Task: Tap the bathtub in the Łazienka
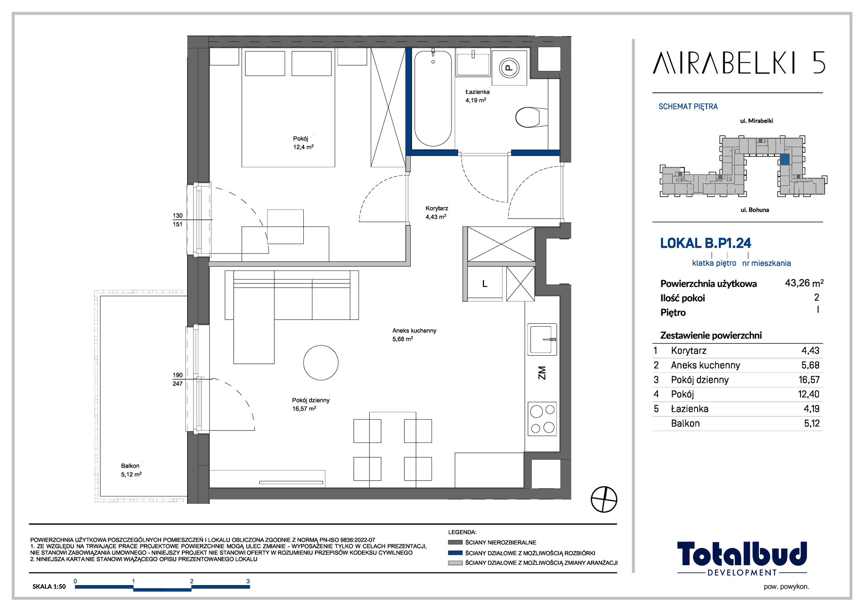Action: (433, 99)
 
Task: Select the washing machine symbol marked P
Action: (509, 68)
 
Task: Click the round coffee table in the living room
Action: (321, 363)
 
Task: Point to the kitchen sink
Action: (542, 339)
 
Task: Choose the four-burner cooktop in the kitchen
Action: (542, 419)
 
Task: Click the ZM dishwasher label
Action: (542, 373)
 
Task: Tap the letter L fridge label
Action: (485, 284)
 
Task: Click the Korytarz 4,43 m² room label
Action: (436, 213)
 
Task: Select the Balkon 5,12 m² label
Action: (131, 470)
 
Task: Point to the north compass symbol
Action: (604, 499)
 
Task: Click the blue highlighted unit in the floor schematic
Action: (785, 159)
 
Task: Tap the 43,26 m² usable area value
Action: (804, 283)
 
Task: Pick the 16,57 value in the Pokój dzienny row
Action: (809, 380)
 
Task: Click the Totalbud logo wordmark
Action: (742, 554)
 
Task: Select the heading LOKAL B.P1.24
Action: (705, 243)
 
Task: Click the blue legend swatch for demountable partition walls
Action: (455, 553)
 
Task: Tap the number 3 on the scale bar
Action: (248, 581)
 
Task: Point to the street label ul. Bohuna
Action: (755, 210)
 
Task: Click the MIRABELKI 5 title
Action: (739, 63)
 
